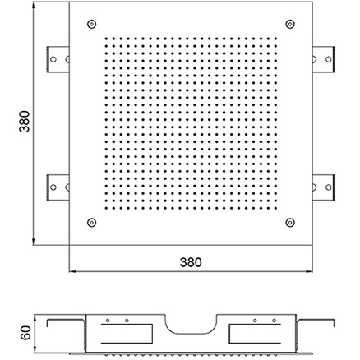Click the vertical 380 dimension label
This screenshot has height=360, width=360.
pos(25,122)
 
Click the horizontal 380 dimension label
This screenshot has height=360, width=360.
pos(191,262)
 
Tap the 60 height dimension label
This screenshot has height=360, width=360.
pos(26,333)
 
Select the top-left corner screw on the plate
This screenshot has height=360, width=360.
pos(92,24)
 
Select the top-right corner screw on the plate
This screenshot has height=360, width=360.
pos(290,24)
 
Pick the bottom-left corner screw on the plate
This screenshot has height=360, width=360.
pos(92,223)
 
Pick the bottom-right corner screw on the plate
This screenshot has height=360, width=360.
pos(290,223)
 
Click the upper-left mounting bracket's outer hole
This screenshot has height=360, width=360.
pos(53,59)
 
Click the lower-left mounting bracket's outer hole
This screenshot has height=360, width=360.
pos(53,187)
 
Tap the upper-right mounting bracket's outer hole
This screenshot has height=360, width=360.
pos(329,59)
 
